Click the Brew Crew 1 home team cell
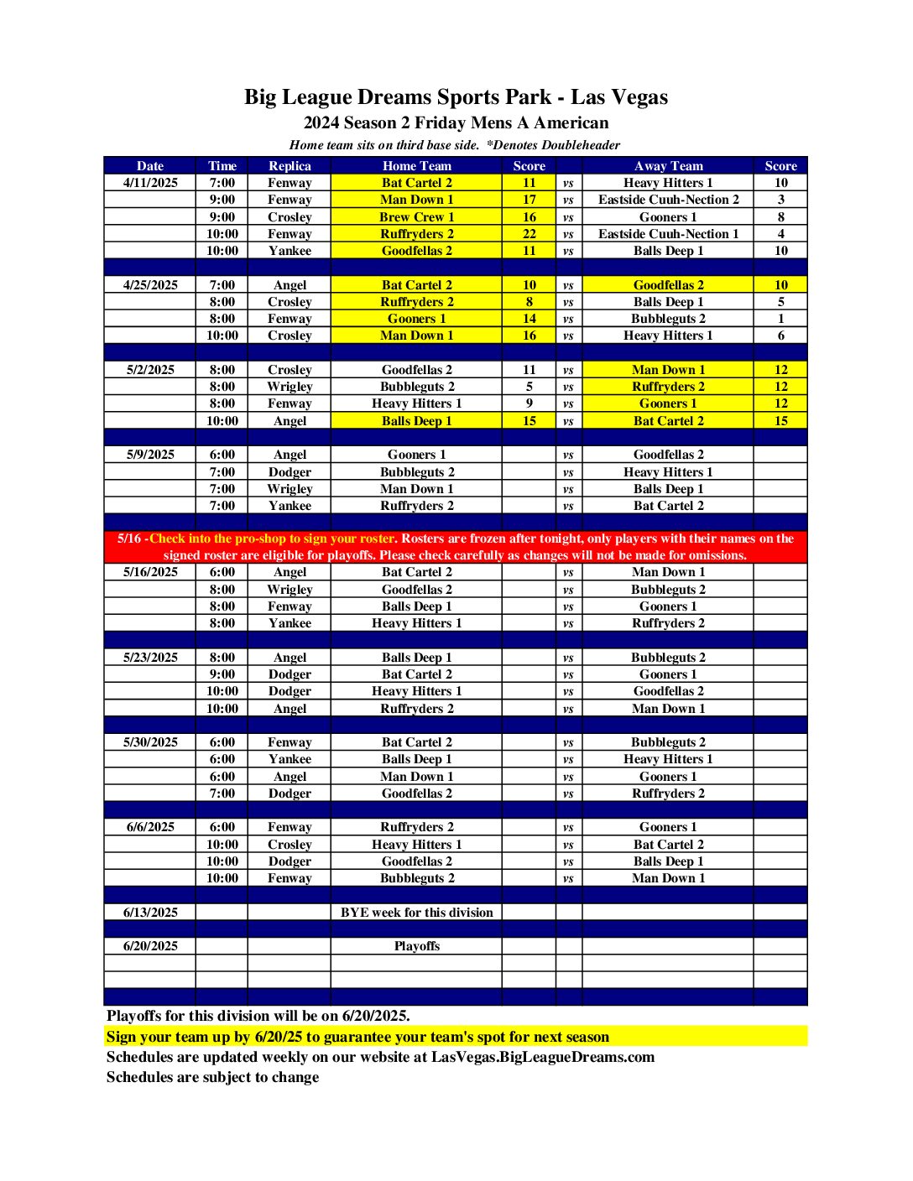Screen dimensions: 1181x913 (x=416, y=217)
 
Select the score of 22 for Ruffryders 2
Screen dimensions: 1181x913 (x=529, y=234)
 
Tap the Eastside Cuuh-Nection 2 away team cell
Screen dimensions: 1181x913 (x=668, y=200)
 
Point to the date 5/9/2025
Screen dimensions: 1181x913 (x=150, y=455)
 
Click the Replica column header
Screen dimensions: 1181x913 (x=290, y=166)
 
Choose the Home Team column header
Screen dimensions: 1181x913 (x=416, y=166)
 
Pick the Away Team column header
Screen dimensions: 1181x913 (x=668, y=166)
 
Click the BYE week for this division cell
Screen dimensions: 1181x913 (x=416, y=913)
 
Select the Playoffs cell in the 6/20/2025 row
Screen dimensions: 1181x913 (x=416, y=946)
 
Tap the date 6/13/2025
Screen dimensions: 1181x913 (x=150, y=913)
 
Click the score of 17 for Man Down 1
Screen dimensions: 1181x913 (x=529, y=200)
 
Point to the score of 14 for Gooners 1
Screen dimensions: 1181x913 (x=529, y=319)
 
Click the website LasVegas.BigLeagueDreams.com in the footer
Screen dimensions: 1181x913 (x=543, y=1057)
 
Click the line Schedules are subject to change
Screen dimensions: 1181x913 (x=212, y=1077)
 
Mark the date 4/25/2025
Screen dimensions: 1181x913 (x=150, y=285)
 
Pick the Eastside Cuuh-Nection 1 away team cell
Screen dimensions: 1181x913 (x=668, y=234)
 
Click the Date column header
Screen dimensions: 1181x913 (x=150, y=166)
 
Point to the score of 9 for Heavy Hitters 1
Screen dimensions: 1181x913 (x=529, y=403)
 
